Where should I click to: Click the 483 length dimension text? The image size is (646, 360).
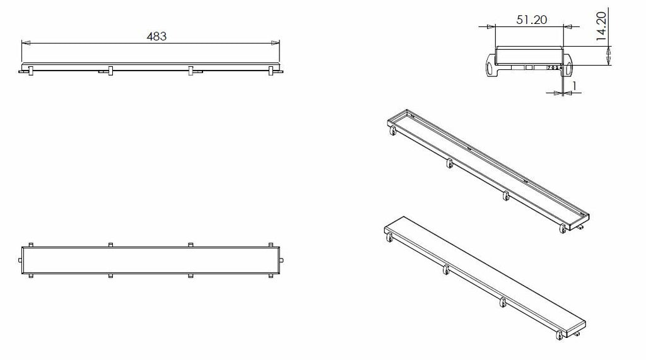click(x=156, y=36)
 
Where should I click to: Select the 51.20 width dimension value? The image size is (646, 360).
click(x=531, y=20)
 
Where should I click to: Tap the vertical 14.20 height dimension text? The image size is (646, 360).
click(x=602, y=26)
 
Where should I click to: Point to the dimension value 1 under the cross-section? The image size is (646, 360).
click(x=574, y=86)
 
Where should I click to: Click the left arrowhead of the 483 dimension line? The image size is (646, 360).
click(x=26, y=42)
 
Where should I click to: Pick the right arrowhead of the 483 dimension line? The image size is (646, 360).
click(x=275, y=42)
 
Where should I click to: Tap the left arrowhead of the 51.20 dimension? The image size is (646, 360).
click(x=491, y=26)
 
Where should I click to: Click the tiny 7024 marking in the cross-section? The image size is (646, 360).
click(x=554, y=67)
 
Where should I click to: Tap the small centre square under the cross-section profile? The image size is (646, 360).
click(x=529, y=67)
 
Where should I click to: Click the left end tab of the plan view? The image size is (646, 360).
click(x=20, y=260)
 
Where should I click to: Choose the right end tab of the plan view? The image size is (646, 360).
click(x=281, y=260)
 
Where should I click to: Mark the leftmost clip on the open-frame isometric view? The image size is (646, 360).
click(x=392, y=131)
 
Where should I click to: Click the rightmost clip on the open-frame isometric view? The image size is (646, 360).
click(x=563, y=229)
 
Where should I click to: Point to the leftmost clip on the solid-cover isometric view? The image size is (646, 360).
click(x=389, y=237)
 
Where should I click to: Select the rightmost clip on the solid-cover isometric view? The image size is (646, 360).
click(x=560, y=335)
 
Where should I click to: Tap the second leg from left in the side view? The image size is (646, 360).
click(x=110, y=71)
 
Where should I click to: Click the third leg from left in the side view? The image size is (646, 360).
click(x=191, y=71)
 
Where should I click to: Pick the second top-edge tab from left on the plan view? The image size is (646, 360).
click(x=110, y=245)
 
